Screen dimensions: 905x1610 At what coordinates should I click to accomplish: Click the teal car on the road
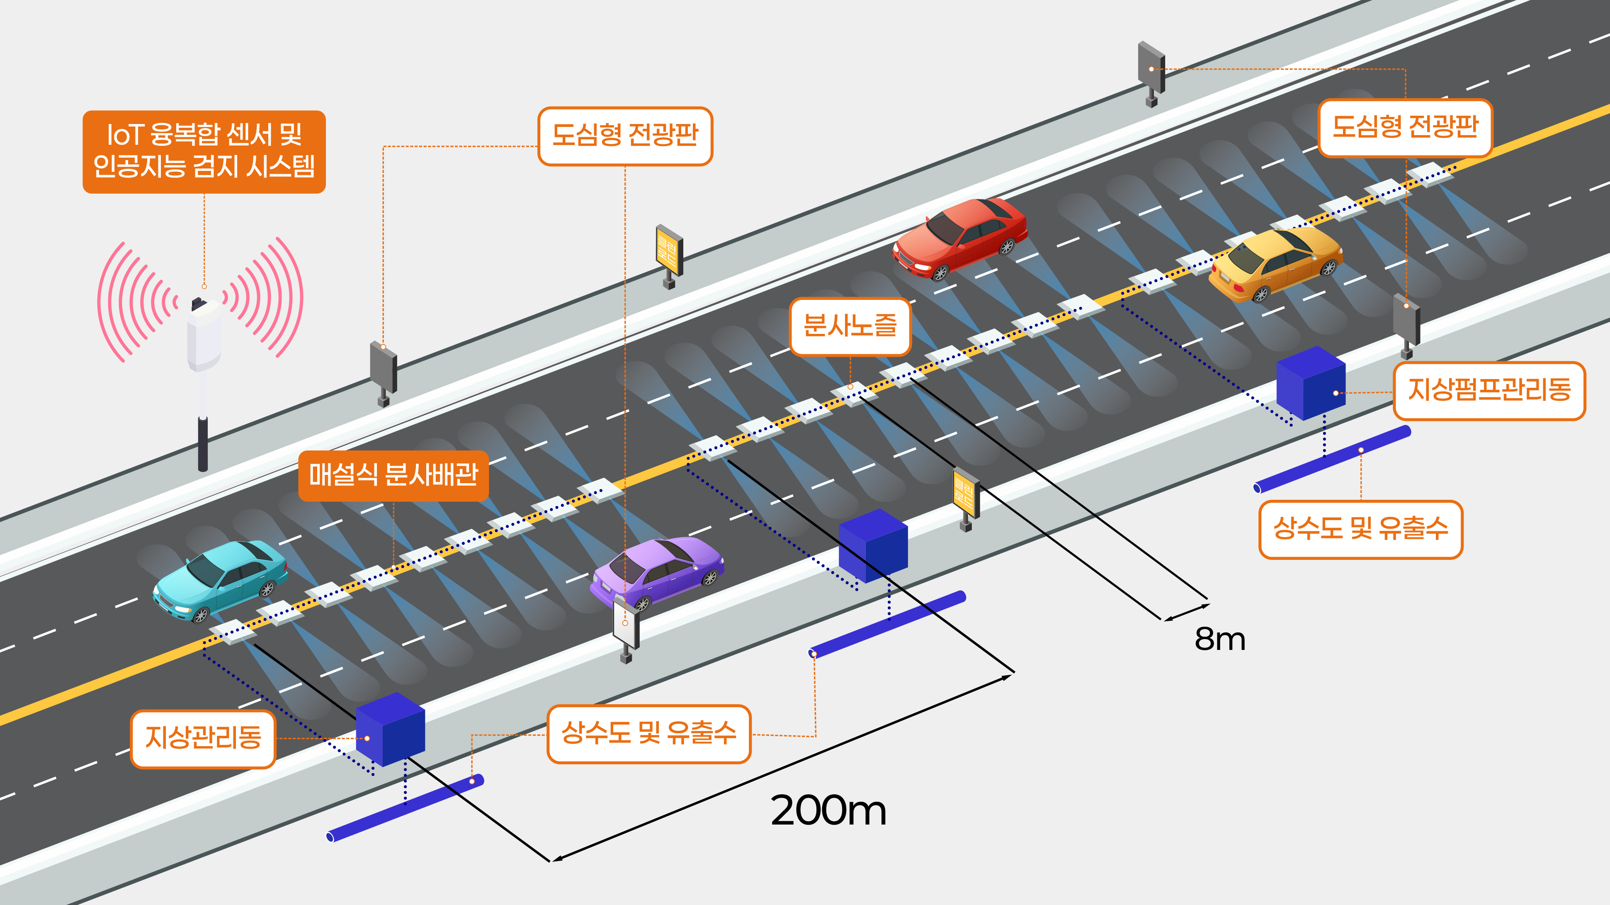coord(220,581)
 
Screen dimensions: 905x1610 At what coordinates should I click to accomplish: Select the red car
coord(960,238)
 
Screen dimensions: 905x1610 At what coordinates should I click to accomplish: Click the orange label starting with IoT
coord(204,152)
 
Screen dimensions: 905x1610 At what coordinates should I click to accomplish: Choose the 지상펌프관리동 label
coord(1489,391)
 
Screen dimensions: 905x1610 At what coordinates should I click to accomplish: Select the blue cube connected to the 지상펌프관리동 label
coord(1311,382)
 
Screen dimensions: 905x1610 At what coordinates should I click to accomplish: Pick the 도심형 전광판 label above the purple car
coord(625,136)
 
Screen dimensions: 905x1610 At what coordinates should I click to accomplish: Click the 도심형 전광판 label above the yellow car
coord(1405,127)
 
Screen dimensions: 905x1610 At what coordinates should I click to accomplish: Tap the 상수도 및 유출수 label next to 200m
coord(649,734)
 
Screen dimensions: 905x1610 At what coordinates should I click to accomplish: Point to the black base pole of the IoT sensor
coord(202,444)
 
